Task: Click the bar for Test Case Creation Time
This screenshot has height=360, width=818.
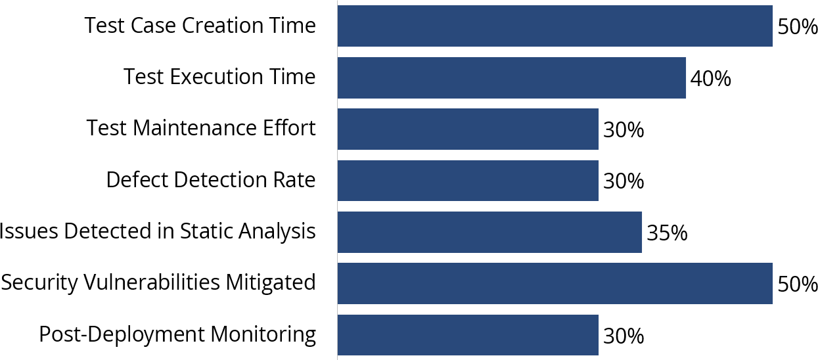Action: tap(555, 26)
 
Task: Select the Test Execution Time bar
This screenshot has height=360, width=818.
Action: tap(511, 78)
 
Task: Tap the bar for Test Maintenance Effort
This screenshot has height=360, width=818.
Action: tap(468, 129)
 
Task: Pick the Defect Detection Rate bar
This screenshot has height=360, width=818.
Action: tap(468, 181)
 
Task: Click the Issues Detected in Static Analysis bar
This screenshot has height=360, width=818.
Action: tap(489, 232)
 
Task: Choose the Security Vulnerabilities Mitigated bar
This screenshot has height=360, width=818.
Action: tap(555, 284)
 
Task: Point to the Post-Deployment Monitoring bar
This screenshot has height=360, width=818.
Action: tap(468, 335)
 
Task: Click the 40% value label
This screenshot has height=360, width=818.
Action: tap(710, 79)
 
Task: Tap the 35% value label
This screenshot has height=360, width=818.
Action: tap(667, 233)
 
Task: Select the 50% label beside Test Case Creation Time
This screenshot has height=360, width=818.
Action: tap(797, 28)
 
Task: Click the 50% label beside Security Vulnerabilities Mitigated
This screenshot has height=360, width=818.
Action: tap(797, 285)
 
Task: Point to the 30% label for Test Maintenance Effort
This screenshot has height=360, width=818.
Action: tap(624, 131)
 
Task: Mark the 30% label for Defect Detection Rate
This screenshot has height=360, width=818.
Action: tap(624, 182)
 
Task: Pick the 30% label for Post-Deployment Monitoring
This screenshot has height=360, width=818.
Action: tap(624, 336)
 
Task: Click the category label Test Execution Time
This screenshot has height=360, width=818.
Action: tap(219, 78)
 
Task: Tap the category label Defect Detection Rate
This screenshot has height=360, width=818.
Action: tap(211, 180)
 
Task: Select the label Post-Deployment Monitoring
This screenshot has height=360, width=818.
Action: tap(177, 334)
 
